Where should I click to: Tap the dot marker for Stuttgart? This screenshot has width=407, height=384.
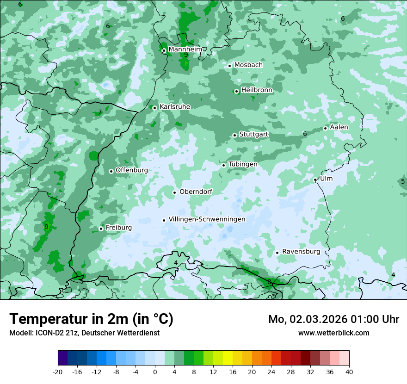click(234, 135)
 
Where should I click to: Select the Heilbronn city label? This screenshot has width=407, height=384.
click(257, 90)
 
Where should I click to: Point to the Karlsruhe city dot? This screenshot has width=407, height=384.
click(155, 108)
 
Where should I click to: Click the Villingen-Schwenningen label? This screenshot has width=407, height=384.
click(207, 219)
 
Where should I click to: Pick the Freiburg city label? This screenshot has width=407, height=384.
click(118, 228)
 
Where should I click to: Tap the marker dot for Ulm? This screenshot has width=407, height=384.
click(315, 180)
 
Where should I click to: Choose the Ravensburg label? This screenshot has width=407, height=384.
click(301, 252)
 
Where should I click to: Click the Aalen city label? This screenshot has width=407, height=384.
click(339, 127)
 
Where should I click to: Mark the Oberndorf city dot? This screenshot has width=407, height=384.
click(174, 192)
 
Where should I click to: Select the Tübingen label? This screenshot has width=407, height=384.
click(243, 164)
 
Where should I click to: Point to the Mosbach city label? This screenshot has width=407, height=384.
click(248, 65)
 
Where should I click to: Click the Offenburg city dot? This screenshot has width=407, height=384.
click(111, 171)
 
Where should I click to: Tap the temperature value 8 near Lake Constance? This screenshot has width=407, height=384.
click(269, 282)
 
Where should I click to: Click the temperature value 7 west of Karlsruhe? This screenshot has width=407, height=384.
click(100, 112)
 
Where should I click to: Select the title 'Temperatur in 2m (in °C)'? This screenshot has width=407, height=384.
click(92, 319)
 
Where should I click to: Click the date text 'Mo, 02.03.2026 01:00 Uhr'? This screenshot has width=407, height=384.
click(333, 319)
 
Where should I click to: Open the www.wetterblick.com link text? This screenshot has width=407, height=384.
click(333, 333)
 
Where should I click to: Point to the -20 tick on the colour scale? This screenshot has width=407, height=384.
click(58, 372)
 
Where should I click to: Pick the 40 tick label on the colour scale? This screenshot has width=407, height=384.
click(349, 372)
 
